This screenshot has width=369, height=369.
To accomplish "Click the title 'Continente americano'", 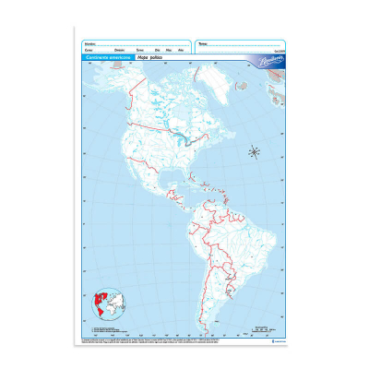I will pyautogui.click(x=105, y=57).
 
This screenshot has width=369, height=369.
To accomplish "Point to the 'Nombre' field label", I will pyautogui.click(x=89, y=42).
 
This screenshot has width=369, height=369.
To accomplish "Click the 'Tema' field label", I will pyautogui.click(x=203, y=42).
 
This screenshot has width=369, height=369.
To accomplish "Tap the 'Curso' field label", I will pyautogui.click(x=89, y=50).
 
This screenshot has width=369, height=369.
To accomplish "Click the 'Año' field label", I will pyautogui.click(x=181, y=50).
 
